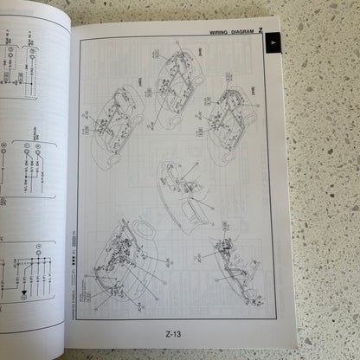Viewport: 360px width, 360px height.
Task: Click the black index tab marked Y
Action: [273, 42]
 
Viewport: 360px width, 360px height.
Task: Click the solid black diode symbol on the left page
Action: [23, 293]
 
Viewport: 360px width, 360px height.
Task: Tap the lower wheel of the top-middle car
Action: [176, 120]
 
